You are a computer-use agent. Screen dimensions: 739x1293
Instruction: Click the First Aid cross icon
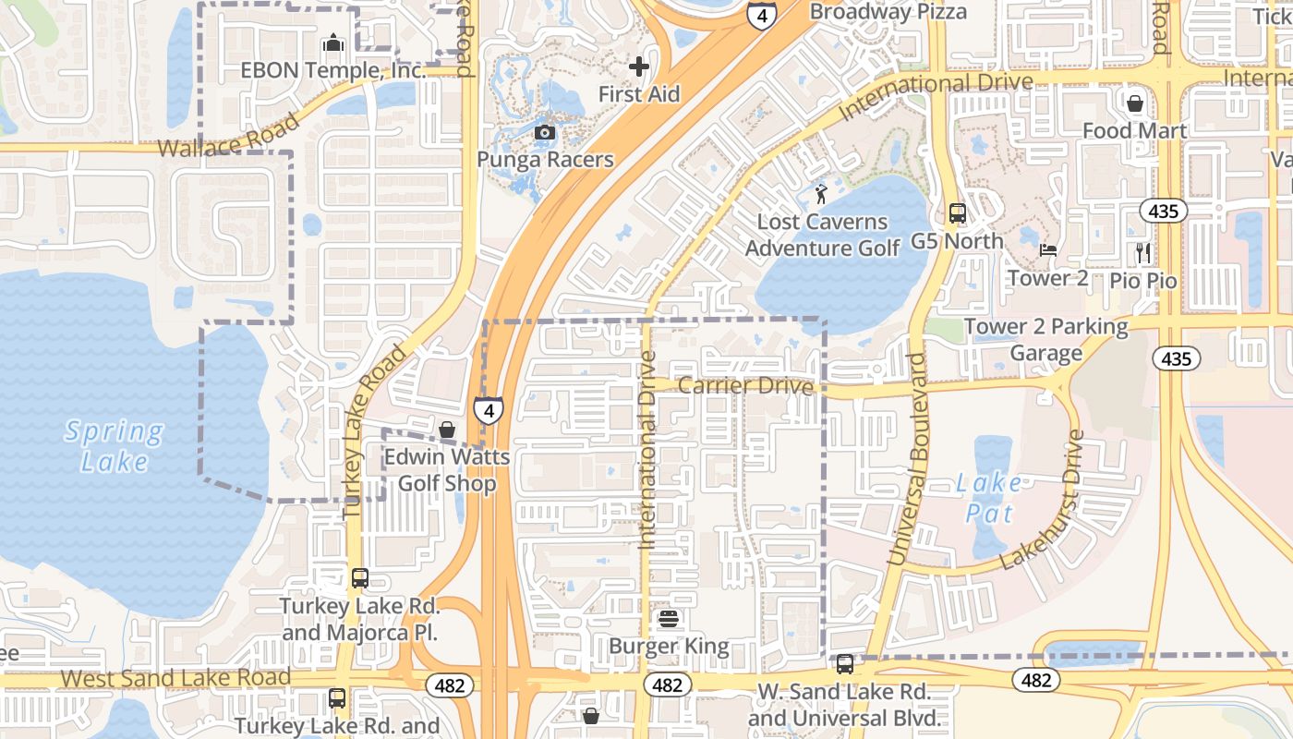[x=639, y=67]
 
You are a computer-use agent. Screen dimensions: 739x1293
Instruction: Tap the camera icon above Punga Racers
[x=545, y=132]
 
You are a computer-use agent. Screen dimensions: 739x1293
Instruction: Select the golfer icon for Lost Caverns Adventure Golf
[x=821, y=194]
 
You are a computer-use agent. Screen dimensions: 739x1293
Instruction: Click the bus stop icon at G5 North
[x=957, y=213]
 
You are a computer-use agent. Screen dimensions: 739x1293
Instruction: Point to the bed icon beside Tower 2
[x=1047, y=249]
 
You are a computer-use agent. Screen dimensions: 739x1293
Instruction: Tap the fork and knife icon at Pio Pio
[x=1144, y=252]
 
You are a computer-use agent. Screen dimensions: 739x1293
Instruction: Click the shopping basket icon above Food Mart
[x=1135, y=103]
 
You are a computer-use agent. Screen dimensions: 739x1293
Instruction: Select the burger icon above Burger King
[x=669, y=618]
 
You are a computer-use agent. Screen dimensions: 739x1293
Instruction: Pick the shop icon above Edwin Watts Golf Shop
[x=447, y=430]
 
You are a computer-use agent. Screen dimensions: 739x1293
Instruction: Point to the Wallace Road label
[x=229, y=137]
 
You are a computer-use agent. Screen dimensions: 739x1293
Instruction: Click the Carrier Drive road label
[x=745, y=385]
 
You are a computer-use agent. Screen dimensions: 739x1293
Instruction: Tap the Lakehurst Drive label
[x=1041, y=499]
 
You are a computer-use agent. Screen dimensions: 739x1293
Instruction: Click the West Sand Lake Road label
[x=175, y=677]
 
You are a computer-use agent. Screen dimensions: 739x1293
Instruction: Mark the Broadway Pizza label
[x=888, y=12]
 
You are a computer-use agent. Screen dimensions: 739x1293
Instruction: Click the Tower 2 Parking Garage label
[x=1046, y=339]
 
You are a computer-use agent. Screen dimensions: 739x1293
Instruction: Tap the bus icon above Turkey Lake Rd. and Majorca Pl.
[x=359, y=578]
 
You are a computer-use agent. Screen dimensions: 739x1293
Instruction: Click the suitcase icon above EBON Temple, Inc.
[x=332, y=43]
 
